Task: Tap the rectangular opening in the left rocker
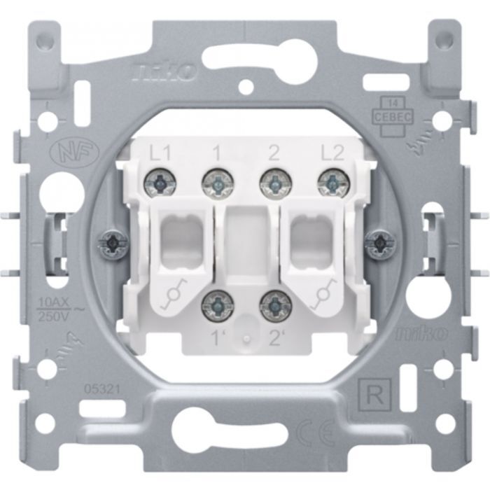181,232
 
